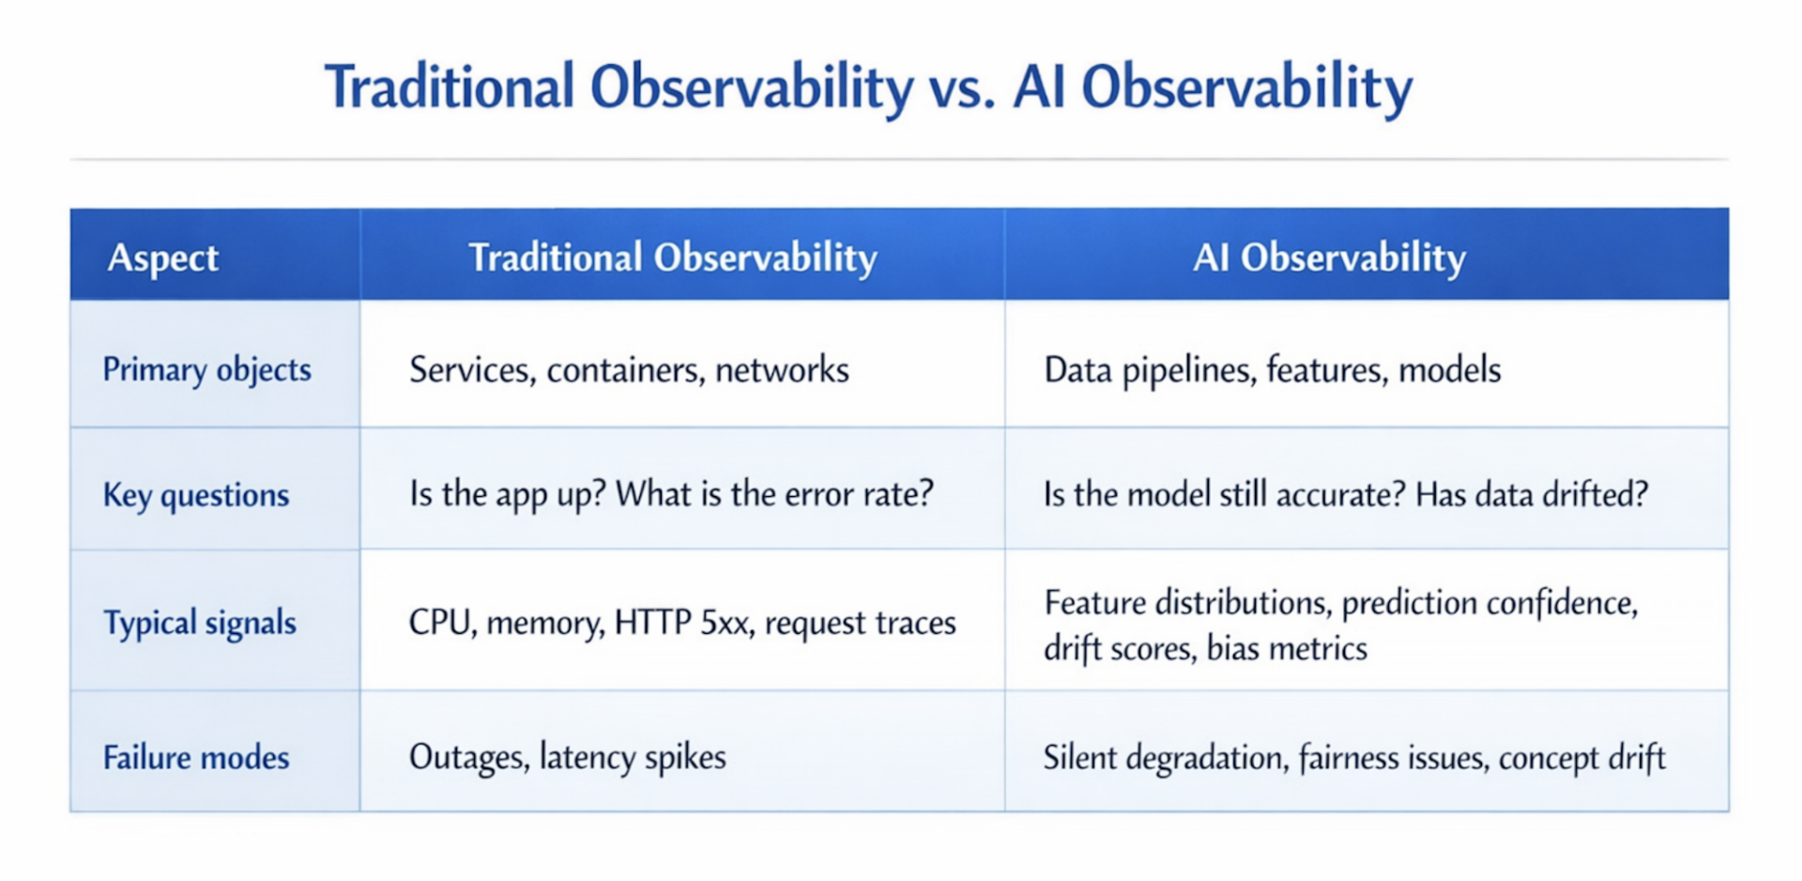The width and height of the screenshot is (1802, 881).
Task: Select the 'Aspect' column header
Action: pyautogui.click(x=163, y=257)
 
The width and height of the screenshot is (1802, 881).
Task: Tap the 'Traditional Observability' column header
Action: pyautogui.click(x=673, y=257)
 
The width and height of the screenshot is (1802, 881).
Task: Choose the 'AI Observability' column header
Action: pyautogui.click(x=1329, y=257)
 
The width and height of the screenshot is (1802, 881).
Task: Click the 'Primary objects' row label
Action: pyautogui.click(x=206, y=369)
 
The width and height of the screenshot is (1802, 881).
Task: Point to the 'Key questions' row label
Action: pyautogui.click(x=196, y=494)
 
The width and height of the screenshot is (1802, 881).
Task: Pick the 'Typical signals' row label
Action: pyautogui.click(x=200, y=622)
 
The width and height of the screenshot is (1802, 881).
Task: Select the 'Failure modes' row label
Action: pyautogui.click(x=196, y=757)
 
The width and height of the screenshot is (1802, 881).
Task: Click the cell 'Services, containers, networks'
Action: pyautogui.click(x=629, y=370)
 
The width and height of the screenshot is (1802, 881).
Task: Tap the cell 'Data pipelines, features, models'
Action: pyautogui.click(x=1273, y=370)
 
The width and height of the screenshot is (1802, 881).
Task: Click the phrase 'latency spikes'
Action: pyautogui.click(x=633, y=757)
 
